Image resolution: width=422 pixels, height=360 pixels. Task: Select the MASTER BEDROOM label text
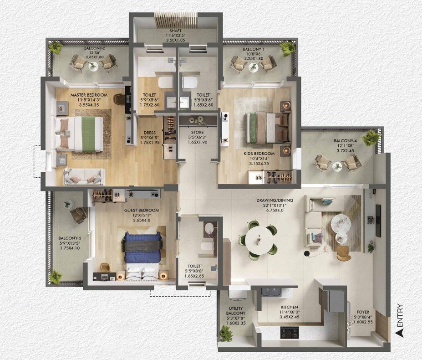pos(89,95)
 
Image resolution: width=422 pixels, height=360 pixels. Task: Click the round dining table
pos(258,240)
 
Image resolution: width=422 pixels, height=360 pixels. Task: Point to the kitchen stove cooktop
pos(290,333)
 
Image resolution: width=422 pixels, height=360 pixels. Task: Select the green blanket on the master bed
pos(88,134)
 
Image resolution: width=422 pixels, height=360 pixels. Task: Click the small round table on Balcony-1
pos(253,67)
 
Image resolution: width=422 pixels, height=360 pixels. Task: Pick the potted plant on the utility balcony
pos(225,333)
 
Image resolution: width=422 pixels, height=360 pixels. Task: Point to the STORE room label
pos(197,132)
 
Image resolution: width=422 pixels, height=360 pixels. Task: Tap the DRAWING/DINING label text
pos(275,201)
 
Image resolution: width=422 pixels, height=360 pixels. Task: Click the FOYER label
pos(363,312)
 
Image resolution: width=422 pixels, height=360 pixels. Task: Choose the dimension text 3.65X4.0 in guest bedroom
pos(142,220)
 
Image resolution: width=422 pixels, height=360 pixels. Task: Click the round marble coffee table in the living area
pos(341,222)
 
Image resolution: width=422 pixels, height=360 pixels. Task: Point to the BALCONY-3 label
pos(70,238)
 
